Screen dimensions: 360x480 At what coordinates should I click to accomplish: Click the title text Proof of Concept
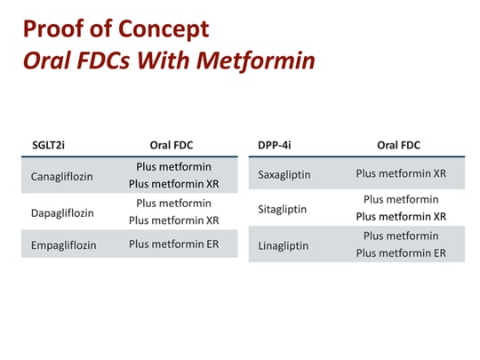pyautogui.click(x=116, y=29)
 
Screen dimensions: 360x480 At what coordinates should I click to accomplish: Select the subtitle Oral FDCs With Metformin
pyautogui.click(x=168, y=63)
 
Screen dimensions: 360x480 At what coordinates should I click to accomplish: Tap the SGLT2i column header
pyautogui.click(x=47, y=145)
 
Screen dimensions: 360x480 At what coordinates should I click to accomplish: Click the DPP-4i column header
pyautogui.click(x=273, y=145)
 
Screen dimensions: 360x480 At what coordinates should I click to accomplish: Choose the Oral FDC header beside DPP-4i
pyautogui.click(x=398, y=145)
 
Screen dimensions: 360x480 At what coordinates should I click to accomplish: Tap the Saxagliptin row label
pyautogui.click(x=284, y=174)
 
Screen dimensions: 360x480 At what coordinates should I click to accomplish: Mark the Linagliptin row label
pyautogui.click(x=284, y=244)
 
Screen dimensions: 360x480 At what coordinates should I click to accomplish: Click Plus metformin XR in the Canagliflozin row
pyautogui.click(x=173, y=184)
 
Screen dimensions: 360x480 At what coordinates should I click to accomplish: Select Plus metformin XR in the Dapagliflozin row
pyautogui.click(x=173, y=220)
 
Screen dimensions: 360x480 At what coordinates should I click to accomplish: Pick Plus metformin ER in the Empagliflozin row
pyautogui.click(x=173, y=244)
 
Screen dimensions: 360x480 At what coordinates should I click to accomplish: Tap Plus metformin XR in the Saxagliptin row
pyautogui.click(x=401, y=173)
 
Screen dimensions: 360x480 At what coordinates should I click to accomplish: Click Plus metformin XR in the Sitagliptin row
pyautogui.click(x=401, y=217)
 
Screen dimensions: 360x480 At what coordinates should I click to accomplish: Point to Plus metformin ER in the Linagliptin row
pyautogui.click(x=401, y=253)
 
